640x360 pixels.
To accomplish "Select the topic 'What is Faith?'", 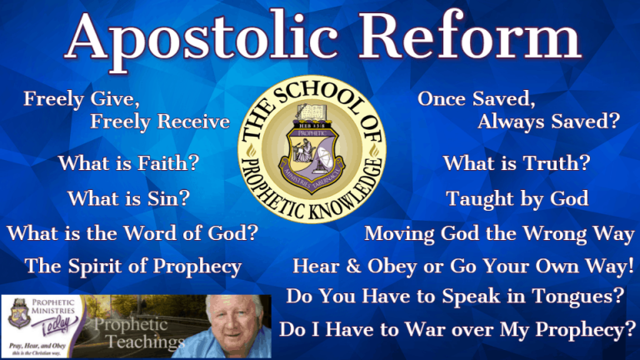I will pyautogui.click(x=128, y=163).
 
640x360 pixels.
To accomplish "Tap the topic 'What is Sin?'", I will pyautogui.click(x=128, y=199).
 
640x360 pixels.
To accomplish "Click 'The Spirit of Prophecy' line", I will pyautogui.click(x=133, y=267).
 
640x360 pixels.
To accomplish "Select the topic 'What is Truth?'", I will pyautogui.click(x=517, y=163).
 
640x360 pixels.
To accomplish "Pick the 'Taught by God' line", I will pyautogui.click(x=517, y=199).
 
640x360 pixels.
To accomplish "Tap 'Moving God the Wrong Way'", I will pyautogui.click(x=498, y=234).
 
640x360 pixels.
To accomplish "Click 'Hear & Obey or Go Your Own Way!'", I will pyautogui.click(x=463, y=267).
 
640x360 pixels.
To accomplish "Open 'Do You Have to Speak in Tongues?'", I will pyautogui.click(x=456, y=297).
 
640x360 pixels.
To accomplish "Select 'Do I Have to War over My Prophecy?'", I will pyautogui.click(x=457, y=329).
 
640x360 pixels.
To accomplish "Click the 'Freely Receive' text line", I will pyautogui.click(x=160, y=122).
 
